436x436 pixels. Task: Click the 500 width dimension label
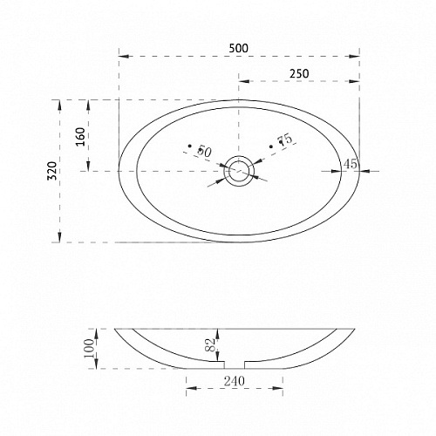pos(238,48)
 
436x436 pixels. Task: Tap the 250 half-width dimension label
pos(299,73)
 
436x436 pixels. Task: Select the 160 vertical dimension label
pos(80,137)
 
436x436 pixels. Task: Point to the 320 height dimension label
pos(52,171)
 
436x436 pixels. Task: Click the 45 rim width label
pos(351,164)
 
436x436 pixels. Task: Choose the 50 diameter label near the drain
pos(204,152)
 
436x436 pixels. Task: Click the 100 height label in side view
pos(89,348)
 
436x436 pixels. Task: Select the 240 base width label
pos(235,381)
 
